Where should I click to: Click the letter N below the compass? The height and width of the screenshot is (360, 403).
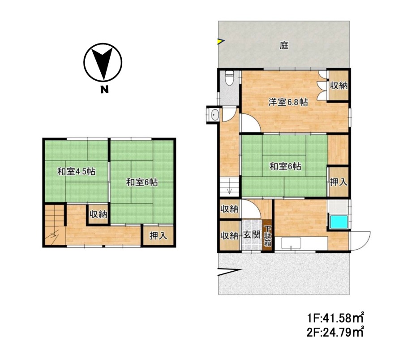(x=104, y=89)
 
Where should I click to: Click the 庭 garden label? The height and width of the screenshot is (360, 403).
(x=284, y=45)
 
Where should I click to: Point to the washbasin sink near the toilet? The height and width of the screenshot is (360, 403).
(x=214, y=115)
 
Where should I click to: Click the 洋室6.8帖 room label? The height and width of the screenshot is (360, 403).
(x=288, y=102)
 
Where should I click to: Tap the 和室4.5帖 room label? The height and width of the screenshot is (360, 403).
(x=76, y=171)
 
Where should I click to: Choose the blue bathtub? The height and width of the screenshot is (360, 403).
(x=339, y=222)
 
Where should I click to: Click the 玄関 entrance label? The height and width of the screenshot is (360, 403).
(x=252, y=234)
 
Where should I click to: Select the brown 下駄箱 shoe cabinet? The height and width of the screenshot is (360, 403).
(x=268, y=236)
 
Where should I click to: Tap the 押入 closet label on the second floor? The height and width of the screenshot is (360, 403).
(x=159, y=235)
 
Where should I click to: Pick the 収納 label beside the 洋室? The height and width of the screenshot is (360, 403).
(x=339, y=86)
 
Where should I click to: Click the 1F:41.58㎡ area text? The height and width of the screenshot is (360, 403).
(x=335, y=318)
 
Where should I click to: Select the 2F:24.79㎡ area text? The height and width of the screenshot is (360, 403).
(x=335, y=332)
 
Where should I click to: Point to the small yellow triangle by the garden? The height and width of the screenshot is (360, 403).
(x=221, y=41)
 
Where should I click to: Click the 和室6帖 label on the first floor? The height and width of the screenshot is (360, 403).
(x=285, y=166)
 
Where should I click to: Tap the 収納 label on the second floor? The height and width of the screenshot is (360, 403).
(x=98, y=214)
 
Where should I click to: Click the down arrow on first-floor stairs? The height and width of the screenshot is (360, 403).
(x=230, y=191)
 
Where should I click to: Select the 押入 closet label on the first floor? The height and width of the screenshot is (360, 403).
(x=339, y=182)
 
